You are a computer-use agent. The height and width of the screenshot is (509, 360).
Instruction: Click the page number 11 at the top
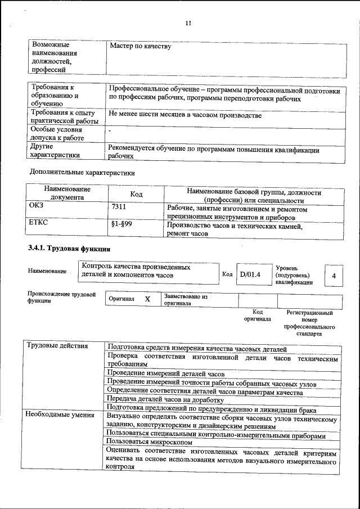tap(188, 23)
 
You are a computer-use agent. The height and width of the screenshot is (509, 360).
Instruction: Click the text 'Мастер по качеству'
tap(140, 46)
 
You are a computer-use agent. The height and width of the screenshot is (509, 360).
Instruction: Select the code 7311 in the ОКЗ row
tap(120, 208)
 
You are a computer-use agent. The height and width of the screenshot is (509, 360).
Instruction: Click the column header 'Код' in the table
tap(136, 194)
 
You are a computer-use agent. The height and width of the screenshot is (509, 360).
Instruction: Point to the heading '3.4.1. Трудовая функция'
tap(69, 249)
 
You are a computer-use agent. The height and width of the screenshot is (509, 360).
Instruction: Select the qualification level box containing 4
tap(334, 276)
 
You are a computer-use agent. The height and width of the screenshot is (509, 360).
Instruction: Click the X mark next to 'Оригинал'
tap(147, 299)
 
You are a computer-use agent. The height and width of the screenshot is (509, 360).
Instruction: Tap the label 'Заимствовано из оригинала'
tap(186, 299)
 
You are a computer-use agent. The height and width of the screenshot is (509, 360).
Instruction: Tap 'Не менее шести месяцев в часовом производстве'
tap(185, 115)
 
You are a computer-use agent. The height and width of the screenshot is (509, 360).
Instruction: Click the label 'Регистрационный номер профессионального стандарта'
tap(310, 323)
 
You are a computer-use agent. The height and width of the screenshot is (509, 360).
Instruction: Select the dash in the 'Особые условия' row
tap(110, 130)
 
